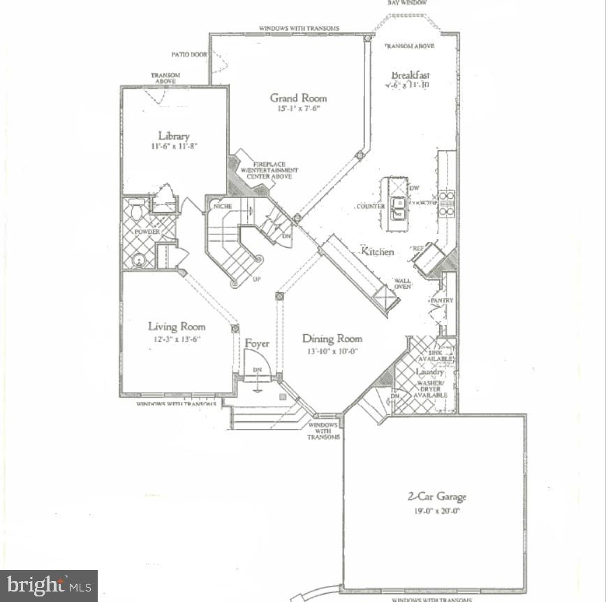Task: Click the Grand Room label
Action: pos(298,98)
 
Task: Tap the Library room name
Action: pos(173,136)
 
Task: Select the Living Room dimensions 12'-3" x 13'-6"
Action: pos(177,339)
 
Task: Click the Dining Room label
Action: pos(332,338)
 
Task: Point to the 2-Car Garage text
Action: pos(437,497)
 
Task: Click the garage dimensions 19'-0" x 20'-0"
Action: pos(436,511)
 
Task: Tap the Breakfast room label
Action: pos(410,75)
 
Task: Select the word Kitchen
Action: pos(377,251)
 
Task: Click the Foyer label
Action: pos(257,343)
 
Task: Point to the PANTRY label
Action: pos(441,301)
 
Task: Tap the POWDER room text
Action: pos(147,232)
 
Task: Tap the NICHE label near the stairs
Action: pos(223,206)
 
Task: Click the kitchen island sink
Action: pos(399,207)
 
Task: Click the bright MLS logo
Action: pos(48,585)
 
